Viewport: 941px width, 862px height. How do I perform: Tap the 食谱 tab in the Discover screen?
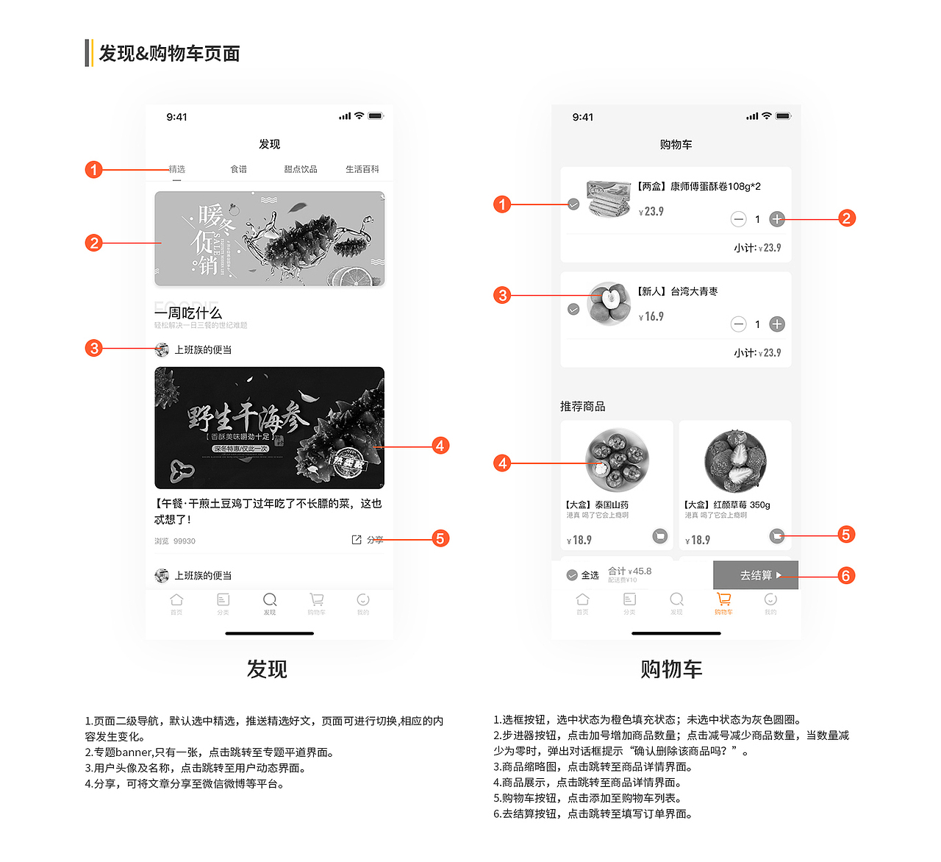coord(239,169)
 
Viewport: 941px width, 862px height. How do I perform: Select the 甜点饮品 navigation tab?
coord(301,169)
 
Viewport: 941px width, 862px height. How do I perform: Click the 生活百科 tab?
coord(362,169)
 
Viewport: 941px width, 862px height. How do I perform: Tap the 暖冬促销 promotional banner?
coord(269,239)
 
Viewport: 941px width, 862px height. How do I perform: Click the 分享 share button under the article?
coord(368,540)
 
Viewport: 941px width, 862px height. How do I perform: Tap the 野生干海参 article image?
coord(269,427)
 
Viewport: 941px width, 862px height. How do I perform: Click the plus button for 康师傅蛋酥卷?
coord(777,219)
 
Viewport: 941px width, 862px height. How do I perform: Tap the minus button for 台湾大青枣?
coord(738,324)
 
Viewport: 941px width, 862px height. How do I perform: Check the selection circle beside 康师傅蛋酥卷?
coord(573,204)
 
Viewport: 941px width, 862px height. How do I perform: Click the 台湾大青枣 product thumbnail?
coord(609,304)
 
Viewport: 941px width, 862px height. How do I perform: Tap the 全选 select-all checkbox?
coord(572,575)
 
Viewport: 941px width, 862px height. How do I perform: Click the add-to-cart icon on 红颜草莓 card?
coord(777,536)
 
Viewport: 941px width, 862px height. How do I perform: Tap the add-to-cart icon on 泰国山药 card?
coord(660,536)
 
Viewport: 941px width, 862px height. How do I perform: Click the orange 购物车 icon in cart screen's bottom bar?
coord(723,600)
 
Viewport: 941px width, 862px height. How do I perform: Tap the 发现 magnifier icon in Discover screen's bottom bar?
coord(270,600)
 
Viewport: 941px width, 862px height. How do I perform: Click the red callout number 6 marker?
coord(846,576)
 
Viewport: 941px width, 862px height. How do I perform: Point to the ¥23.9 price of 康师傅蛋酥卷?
coord(651,212)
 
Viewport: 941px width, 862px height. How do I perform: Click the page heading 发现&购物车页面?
coord(169,54)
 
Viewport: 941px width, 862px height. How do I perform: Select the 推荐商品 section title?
coord(583,406)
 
